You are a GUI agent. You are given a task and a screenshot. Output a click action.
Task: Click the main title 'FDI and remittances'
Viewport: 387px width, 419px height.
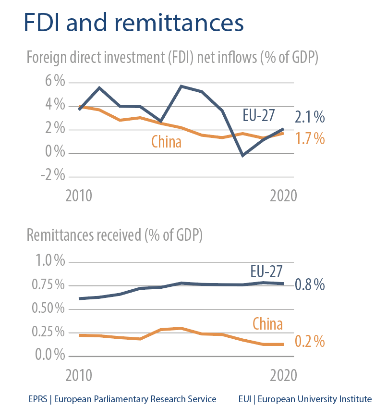click(133, 24)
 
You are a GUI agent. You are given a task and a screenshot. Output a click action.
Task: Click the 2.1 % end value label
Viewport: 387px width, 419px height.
click(310, 117)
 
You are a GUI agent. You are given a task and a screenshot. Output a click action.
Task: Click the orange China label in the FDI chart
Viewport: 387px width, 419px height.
click(166, 142)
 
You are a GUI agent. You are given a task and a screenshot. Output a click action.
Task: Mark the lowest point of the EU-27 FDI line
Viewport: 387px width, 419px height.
click(243, 155)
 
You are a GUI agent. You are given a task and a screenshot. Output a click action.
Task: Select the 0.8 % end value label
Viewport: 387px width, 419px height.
click(310, 285)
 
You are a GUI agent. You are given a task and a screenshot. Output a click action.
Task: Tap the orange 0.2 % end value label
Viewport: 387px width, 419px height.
click(310, 342)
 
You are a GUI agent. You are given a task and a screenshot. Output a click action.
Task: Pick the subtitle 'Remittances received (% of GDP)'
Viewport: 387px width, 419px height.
click(115, 235)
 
